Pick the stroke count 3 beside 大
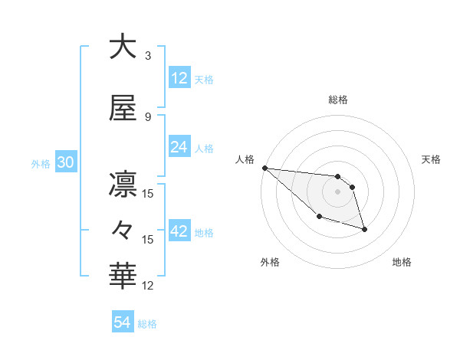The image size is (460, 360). click(148, 56)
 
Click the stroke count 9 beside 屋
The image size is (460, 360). click(148, 117)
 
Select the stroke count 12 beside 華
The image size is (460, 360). click(148, 286)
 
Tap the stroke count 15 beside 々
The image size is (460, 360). click(148, 240)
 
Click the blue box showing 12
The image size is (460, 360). click(179, 78)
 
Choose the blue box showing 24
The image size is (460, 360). click(179, 147)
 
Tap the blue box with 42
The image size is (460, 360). click(179, 231)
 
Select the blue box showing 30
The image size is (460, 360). click(65, 162)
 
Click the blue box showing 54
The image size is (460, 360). click(123, 322)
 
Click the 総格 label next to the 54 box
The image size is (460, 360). click(147, 324)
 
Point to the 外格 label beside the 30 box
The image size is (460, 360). click(41, 164)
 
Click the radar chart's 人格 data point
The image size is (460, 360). click(264, 168)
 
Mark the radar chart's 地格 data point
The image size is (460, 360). click(364, 229)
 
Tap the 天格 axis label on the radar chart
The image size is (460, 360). click(432, 159)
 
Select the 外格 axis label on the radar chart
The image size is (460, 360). click(270, 262)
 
